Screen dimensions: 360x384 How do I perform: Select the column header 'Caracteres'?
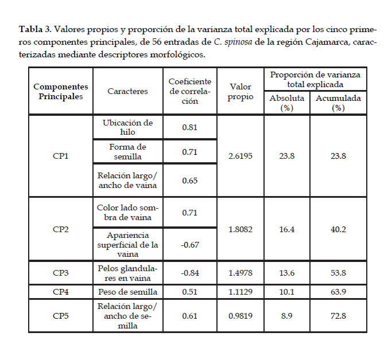click(127, 91)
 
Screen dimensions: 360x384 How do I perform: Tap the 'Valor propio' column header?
click(240, 91)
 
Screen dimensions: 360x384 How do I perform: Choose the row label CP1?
click(61, 156)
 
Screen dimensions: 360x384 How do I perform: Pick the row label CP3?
click(61, 272)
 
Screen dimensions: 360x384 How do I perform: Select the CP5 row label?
click(61, 315)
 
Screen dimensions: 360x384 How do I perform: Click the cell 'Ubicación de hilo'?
click(127, 127)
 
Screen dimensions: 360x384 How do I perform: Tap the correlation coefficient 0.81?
click(190, 127)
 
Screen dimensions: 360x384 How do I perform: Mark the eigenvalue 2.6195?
click(240, 156)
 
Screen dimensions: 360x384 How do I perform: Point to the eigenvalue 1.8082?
click(240, 229)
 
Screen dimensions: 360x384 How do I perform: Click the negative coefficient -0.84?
click(189, 272)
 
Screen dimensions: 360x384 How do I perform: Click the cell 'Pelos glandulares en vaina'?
click(127, 272)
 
